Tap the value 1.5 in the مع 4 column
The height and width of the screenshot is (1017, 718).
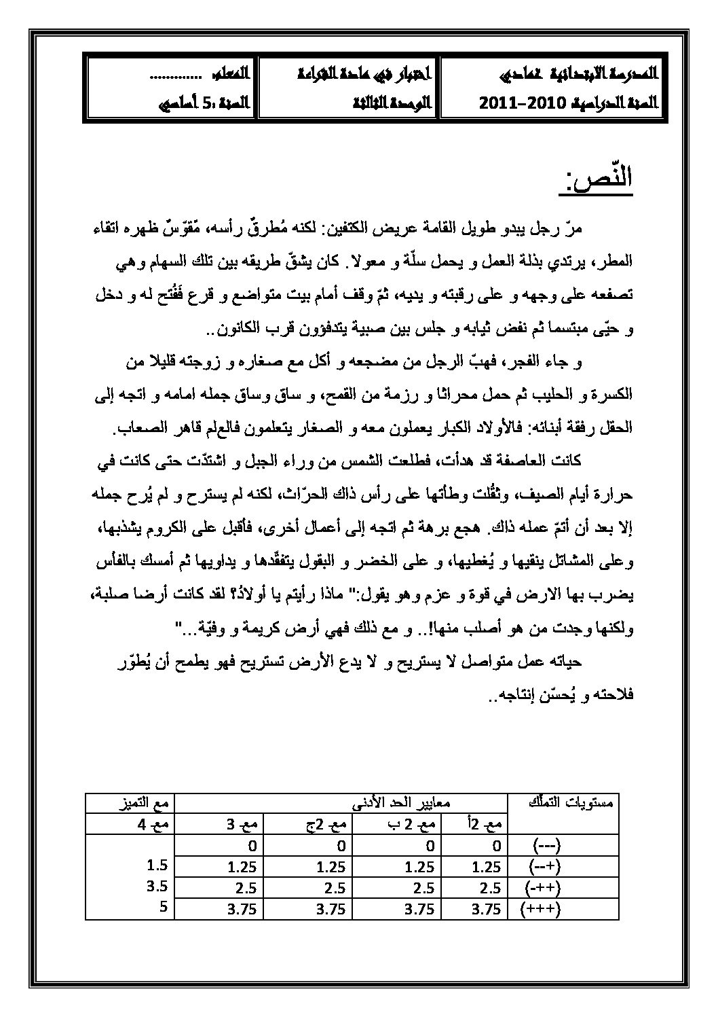[158, 866]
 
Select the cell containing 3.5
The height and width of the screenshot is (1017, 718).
[158, 887]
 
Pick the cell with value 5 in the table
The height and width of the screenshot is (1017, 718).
[164, 908]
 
